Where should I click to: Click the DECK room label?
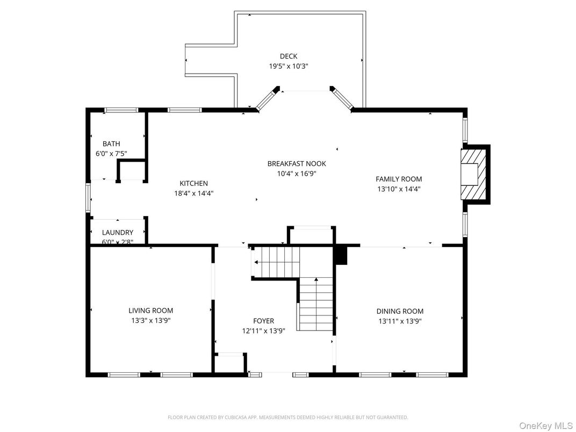(x=288, y=56)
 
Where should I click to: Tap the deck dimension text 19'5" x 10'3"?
(x=288, y=66)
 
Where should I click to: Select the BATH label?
(x=111, y=144)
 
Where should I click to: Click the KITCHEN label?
(x=193, y=184)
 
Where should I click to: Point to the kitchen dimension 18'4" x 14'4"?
(x=193, y=193)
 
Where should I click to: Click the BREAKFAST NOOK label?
(x=297, y=164)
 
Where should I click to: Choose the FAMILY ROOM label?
(x=398, y=179)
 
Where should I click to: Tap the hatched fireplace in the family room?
(x=473, y=174)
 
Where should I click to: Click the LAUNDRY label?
(x=118, y=233)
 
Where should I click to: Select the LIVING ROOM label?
(x=150, y=311)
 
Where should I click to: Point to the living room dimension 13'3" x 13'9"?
(x=150, y=321)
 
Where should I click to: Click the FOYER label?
(x=263, y=321)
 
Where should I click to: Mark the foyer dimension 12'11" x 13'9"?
(x=263, y=331)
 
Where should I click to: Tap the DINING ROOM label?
(x=399, y=311)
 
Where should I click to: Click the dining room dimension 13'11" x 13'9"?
(x=399, y=321)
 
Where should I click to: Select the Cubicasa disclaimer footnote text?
(x=287, y=417)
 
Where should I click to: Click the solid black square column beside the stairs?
(x=341, y=256)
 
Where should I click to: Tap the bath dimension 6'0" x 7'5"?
(x=111, y=154)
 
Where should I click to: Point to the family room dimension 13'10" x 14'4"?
(x=398, y=189)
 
